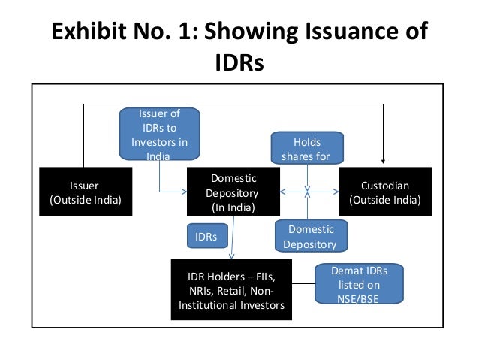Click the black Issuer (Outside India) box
coord(84,192)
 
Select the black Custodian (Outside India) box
coord(385,192)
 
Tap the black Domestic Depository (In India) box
coord(233,192)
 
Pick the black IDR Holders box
coord(230,289)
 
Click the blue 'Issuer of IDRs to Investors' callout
coord(159,134)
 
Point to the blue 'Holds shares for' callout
coord(307,148)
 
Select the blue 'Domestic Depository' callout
coord(310,236)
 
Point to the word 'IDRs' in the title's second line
coord(239,62)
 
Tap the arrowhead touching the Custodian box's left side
coord(336,192)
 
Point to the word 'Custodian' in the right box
coord(385,186)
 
